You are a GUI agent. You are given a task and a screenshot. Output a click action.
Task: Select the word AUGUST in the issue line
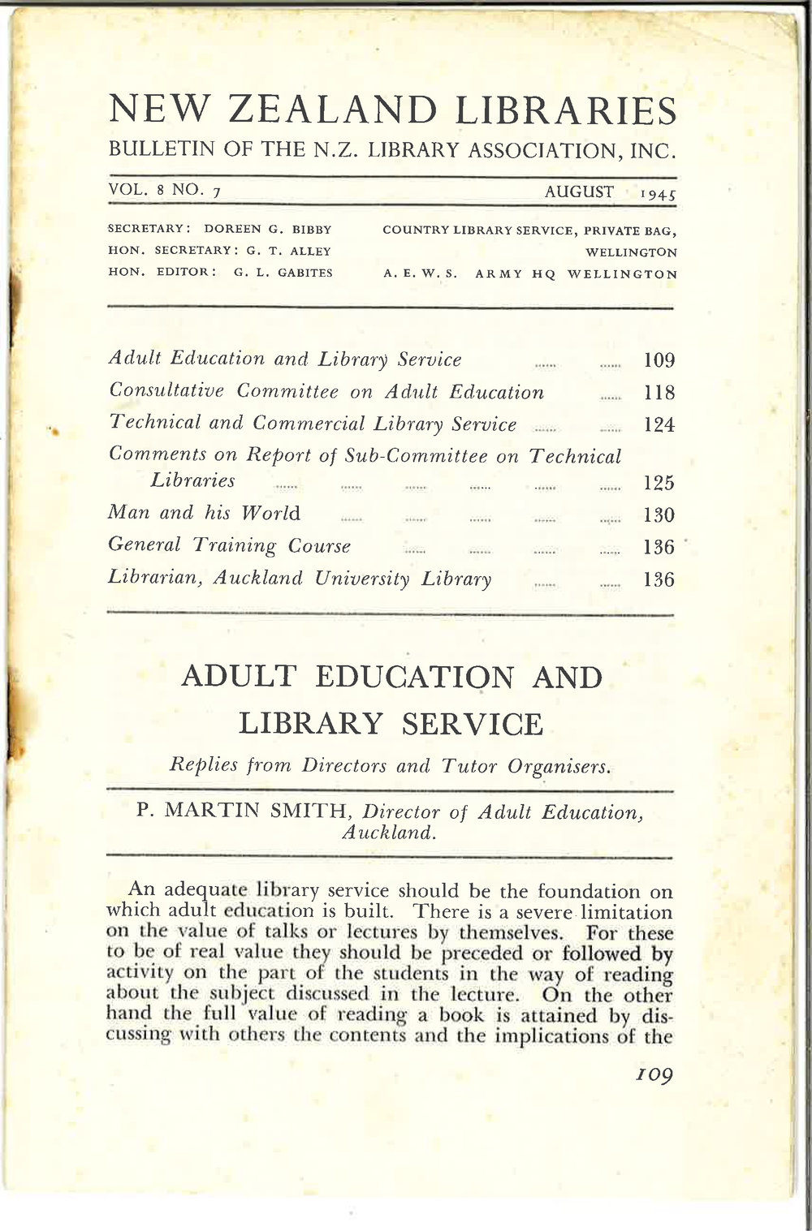[579, 192]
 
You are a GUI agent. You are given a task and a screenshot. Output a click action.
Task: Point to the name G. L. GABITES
[283, 273]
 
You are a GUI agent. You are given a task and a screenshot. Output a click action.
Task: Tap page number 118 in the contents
[659, 393]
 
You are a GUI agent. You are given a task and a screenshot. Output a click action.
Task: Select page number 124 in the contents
[659, 425]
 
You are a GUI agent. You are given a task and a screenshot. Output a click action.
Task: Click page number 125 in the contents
[659, 483]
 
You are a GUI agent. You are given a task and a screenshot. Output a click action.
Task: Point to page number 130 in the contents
[659, 515]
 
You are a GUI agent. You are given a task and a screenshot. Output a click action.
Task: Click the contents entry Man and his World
[204, 514]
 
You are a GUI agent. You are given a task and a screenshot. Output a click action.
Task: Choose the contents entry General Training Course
[229, 545]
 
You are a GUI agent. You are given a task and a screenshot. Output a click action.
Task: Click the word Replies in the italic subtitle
[203, 764]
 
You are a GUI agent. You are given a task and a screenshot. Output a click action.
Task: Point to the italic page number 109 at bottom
[654, 1076]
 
